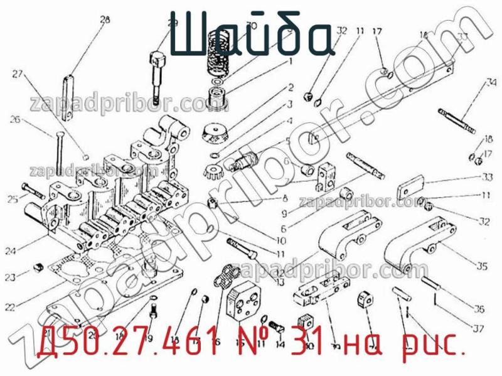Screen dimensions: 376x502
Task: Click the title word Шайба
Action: coord(249,36)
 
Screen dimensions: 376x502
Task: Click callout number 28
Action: coord(104,19)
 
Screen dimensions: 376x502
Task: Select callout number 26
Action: coord(15,119)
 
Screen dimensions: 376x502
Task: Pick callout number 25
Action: coord(12,200)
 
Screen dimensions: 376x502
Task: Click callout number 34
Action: coord(491,82)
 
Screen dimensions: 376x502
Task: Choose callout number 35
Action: coord(481,266)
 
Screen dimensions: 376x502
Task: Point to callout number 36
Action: coord(480,308)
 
